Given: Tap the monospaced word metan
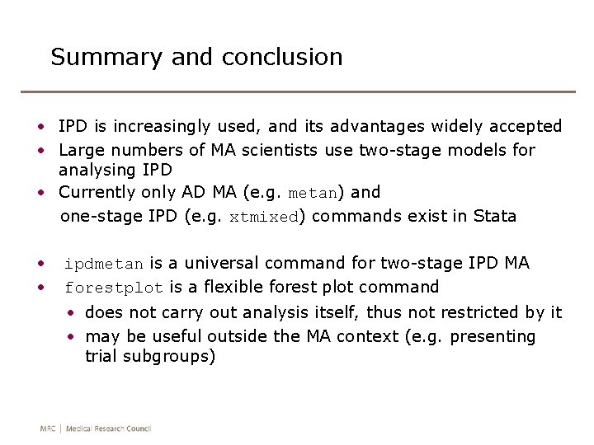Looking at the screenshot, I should pos(313,194).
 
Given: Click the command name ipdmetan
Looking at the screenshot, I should pos(104,265).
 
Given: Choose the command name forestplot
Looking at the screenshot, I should pos(114,288).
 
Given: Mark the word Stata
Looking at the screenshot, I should pos(494,217).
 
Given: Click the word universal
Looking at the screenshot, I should pos(222,264).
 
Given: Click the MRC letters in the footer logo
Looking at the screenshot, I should pos(49,429).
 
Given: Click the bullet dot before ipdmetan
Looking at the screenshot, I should pos(40,264).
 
